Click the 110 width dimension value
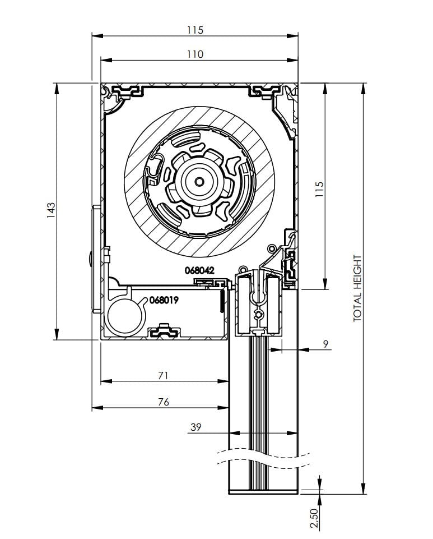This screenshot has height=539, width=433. click(x=195, y=54)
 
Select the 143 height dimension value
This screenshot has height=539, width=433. click(x=51, y=209)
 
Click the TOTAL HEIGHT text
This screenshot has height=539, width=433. click(x=358, y=288)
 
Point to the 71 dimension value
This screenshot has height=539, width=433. click(x=163, y=375)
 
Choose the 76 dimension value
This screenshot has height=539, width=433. click(x=163, y=402)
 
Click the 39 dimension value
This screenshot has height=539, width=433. click(x=195, y=427)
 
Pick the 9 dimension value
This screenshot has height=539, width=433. click(x=326, y=344)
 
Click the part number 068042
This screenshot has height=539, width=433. click(x=199, y=270)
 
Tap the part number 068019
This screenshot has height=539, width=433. click(x=164, y=300)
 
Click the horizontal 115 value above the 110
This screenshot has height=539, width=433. click(x=195, y=30)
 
